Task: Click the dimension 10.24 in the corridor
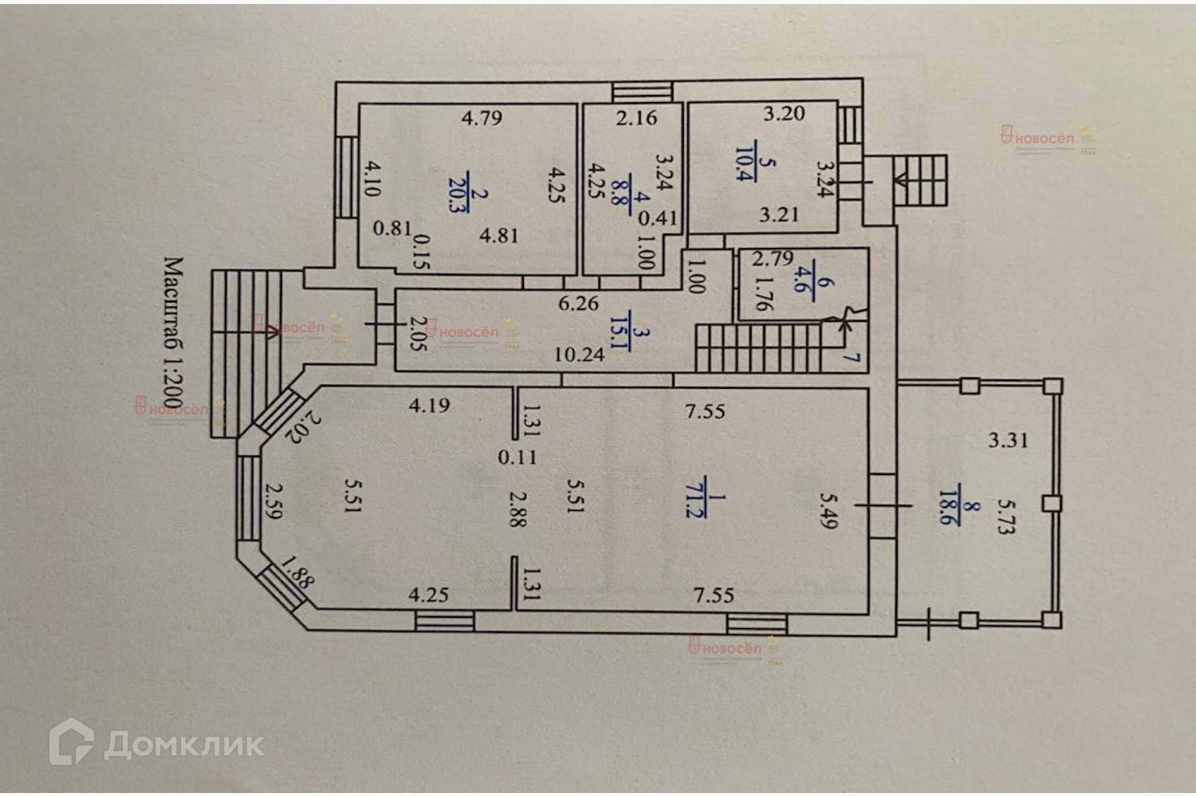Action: click(579, 355)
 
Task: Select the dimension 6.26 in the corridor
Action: click(579, 303)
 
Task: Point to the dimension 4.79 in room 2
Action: click(482, 119)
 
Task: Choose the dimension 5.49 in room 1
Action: click(828, 510)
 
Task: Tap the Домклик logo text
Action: click(183, 744)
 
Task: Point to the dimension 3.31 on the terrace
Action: click(1008, 439)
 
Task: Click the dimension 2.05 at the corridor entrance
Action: click(415, 339)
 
